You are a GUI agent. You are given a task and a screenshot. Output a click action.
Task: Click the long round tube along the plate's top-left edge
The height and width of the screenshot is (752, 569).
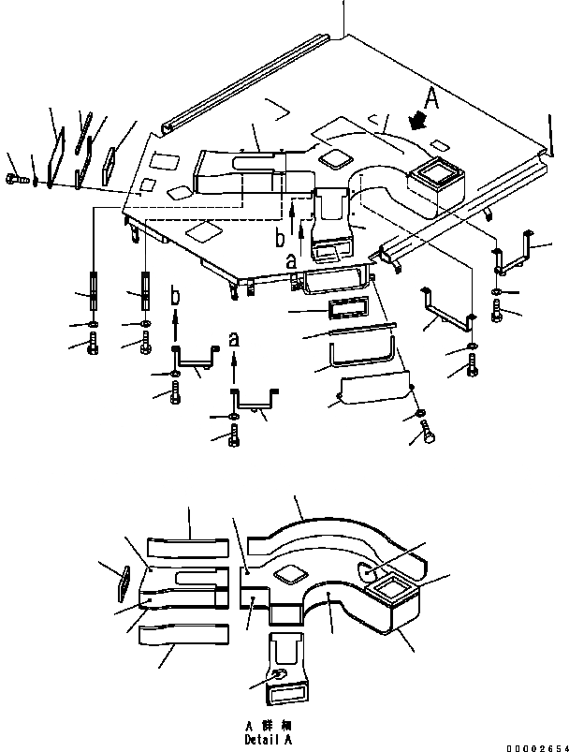click(x=248, y=81)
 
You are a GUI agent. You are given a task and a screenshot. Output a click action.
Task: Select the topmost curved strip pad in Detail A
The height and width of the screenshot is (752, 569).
click(x=187, y=547)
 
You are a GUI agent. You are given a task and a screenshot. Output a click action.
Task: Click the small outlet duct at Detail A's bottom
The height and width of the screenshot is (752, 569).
click(x=285, y=668)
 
